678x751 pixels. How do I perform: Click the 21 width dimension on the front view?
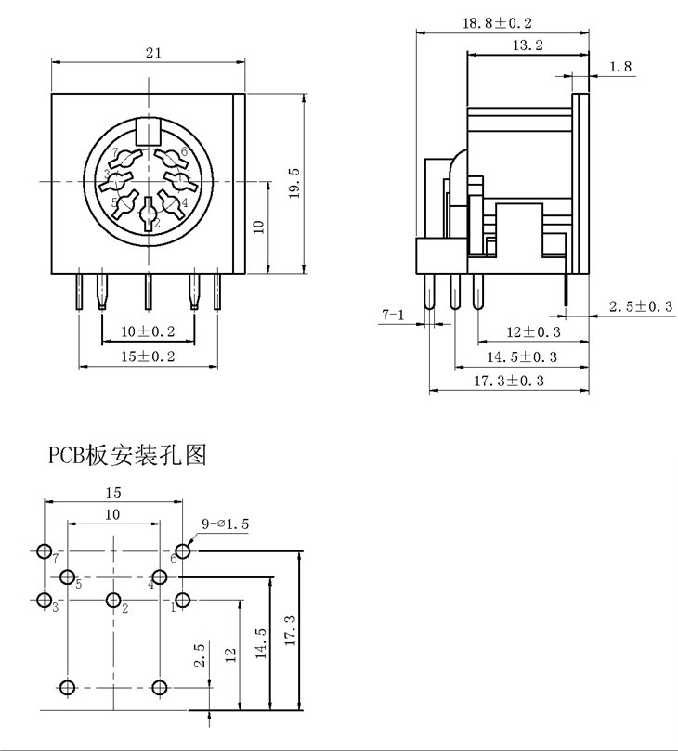click(153, 53)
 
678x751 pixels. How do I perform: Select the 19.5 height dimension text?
click(294, 184)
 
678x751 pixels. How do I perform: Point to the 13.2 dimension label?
click(527, 45)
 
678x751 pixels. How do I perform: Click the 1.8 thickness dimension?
click(620, 66)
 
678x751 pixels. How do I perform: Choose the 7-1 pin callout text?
click(393, 316)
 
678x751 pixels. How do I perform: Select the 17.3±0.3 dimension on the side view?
click(510, 380)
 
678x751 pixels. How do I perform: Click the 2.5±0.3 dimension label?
click(641, 306)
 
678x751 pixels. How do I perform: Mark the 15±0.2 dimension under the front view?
click(148, 356)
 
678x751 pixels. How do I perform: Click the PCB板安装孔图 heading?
click(127, 455)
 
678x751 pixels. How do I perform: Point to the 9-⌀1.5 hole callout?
click(226, 524)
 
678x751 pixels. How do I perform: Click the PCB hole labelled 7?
click(45, 551)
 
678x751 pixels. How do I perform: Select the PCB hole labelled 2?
click(113, 600)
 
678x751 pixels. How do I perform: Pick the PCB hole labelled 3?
click(45, 600)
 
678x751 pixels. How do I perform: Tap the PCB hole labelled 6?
click(182, 551)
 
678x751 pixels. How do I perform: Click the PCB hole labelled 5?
click(67, 577)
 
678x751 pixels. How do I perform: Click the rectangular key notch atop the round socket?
click(148, 132)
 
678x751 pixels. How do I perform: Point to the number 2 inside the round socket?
click(157, 223)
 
